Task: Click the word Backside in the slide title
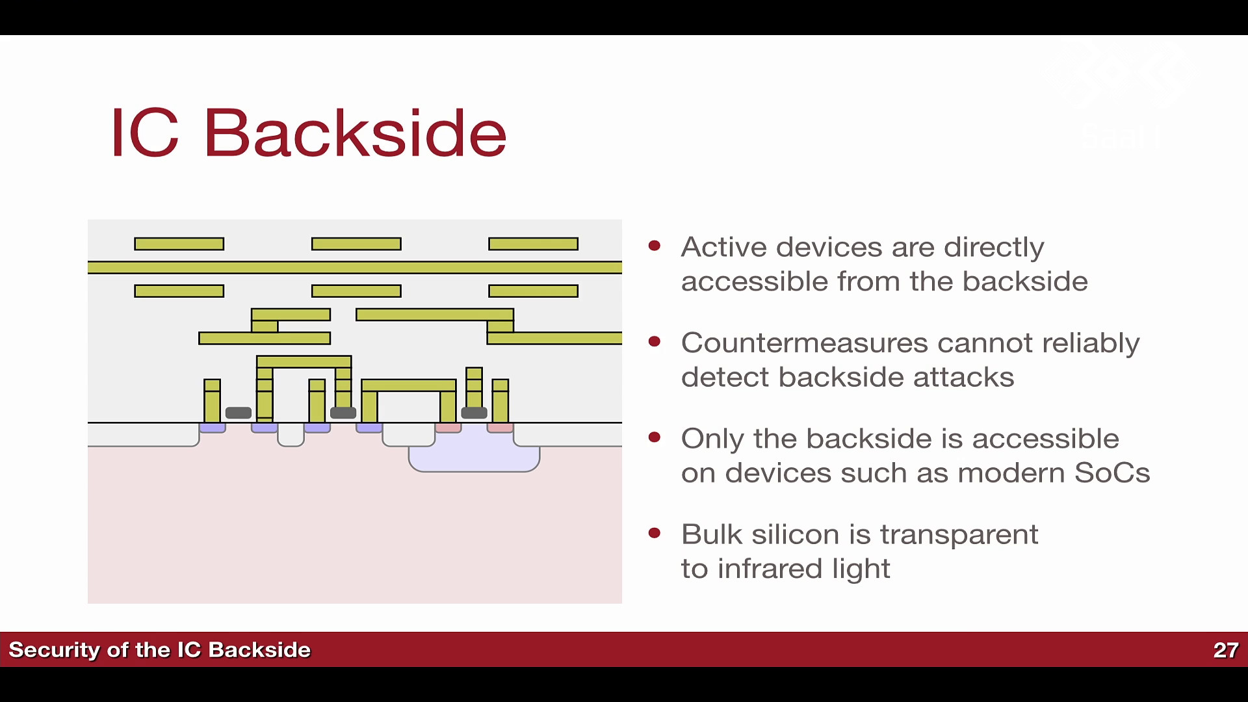tap(355, 133)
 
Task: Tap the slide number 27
tap(1225, 650)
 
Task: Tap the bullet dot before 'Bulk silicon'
tap(655, 534)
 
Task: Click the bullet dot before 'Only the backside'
tap(655, 437)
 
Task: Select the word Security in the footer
tap(54, 650)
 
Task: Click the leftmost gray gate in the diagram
tap(239, 413)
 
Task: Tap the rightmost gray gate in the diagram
tap(474, 412)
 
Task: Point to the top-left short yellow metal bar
tap(179, 244)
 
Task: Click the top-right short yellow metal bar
tap(534, 244)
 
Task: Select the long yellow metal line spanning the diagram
tap(355, 267)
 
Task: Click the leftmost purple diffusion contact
tap(213, 428)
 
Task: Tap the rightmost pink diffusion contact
tap(500, 428)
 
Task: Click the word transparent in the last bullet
tap(959, 535)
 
